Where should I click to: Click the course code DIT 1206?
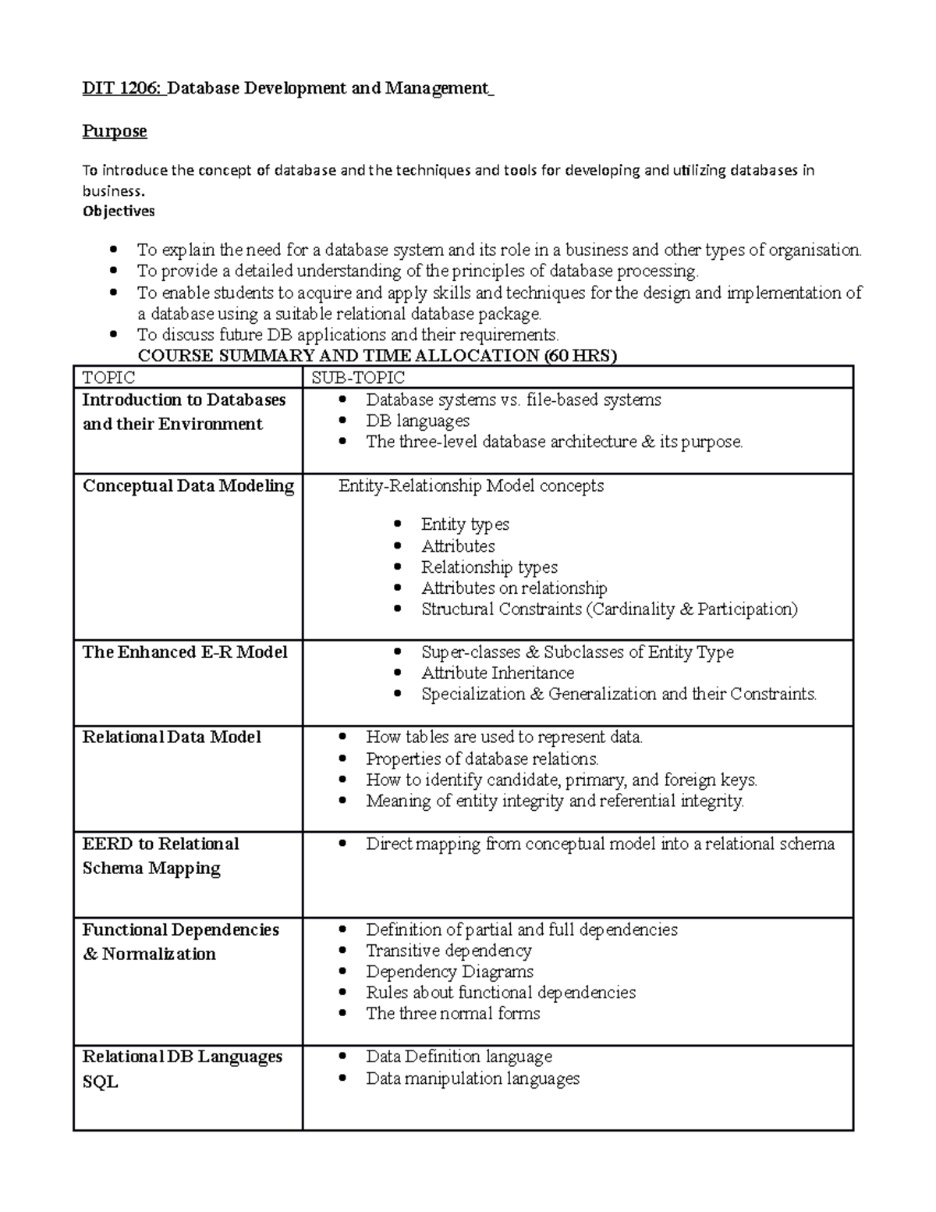click(122, 88)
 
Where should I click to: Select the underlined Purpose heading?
click(115, 131)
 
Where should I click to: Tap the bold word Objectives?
click(119, 211)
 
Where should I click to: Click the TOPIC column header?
click(108, 378)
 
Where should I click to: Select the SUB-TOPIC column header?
click(358, 378)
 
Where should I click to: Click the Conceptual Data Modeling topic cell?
click(188, 486)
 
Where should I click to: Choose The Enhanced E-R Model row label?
click(185, 652)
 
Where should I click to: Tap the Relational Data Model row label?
click(172, 738)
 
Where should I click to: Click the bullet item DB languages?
click(417, 421)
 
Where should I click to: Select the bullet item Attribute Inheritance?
click(498, 673)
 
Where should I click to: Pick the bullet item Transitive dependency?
click(448, 951)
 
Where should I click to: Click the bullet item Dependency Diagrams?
click(449, 972)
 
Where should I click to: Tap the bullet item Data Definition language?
click(459, 1057)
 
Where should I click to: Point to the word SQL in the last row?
click(100, 1082)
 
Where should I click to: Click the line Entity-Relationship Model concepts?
click(470, 486)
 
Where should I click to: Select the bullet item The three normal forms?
click(452, 1014)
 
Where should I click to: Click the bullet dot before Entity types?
click(399, 524)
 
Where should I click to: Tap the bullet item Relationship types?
click(489, 567)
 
